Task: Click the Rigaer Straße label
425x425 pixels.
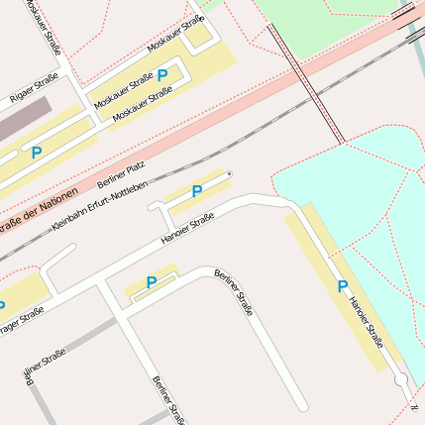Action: click(34, 87)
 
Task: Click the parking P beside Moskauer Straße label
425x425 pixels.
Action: click(162, 74)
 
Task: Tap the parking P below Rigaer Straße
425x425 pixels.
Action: click(37, 153)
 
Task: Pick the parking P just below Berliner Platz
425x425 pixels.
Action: click(196, 191)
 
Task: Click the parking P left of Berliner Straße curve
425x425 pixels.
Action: click(151, 282)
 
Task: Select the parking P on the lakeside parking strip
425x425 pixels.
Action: click(343, 286)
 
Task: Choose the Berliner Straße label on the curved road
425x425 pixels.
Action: click(234, 292)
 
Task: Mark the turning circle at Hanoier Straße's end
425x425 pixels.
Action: click(400, 380)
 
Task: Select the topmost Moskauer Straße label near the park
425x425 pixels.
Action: click(175, 34)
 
